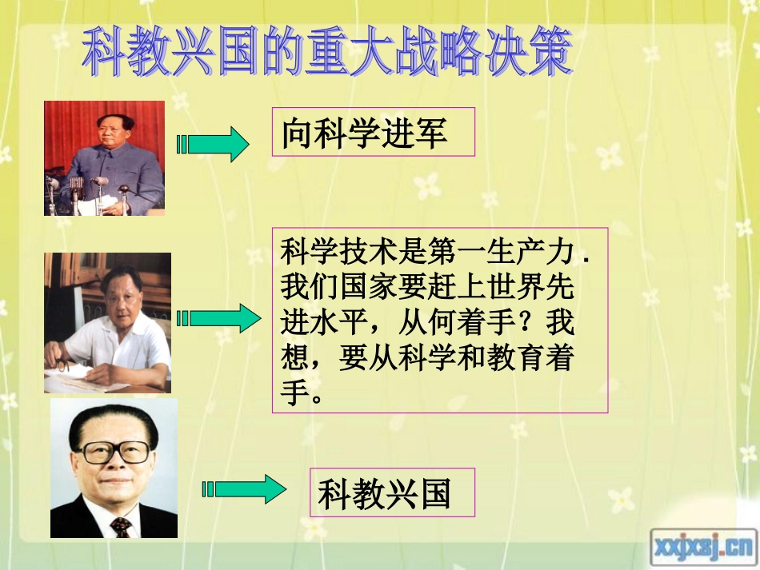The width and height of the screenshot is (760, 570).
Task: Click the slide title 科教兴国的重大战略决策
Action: pos(328,52)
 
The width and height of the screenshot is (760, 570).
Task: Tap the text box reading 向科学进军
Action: pos(373,132)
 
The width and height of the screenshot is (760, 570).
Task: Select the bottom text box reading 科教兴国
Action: pos(391,492)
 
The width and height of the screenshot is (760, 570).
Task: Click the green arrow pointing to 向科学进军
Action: pos(213,145)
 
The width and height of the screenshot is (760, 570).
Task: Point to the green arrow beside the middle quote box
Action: pos(218,319)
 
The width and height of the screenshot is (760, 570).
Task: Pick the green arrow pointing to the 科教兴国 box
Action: pos(244,488)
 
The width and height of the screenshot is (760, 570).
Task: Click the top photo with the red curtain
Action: pos(104,157)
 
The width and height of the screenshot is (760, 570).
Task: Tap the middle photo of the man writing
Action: pos(107,322)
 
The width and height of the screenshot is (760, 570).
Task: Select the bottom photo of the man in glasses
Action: pos(114,468)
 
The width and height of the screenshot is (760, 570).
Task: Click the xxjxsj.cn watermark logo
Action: pos(703,547)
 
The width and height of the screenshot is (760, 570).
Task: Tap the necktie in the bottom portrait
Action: pos(120,526)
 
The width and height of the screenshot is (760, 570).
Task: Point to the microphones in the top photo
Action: pos(88,188)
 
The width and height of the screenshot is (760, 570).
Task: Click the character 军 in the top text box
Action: pos(432,133)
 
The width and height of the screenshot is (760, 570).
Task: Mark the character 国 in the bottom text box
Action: pos(435,493)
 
